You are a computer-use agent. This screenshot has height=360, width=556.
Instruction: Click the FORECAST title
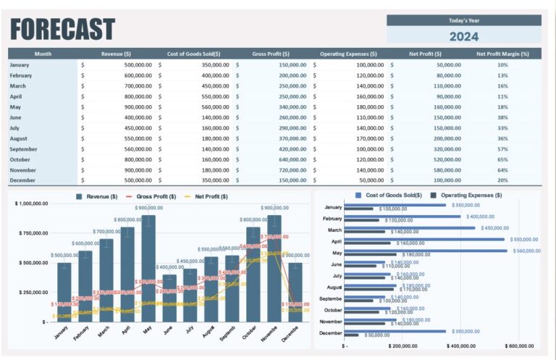pos(62,29)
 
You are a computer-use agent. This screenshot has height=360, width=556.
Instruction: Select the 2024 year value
pos(463,36)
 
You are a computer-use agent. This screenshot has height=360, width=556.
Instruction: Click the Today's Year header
pos(463,20)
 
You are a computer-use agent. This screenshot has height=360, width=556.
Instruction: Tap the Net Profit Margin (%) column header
pos(502,54)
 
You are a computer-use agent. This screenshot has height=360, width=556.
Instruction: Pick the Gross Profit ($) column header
pos(271,54)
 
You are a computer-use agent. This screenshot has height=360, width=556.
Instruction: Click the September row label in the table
pos(23,148)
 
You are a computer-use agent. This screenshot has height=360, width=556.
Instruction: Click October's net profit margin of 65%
pos(502,159)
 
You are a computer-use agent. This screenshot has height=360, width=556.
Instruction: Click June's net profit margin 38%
pos(502,117)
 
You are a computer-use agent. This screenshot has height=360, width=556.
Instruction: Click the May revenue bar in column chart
pos(148,268)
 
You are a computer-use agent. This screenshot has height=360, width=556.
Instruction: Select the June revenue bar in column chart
pos(169,298)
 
